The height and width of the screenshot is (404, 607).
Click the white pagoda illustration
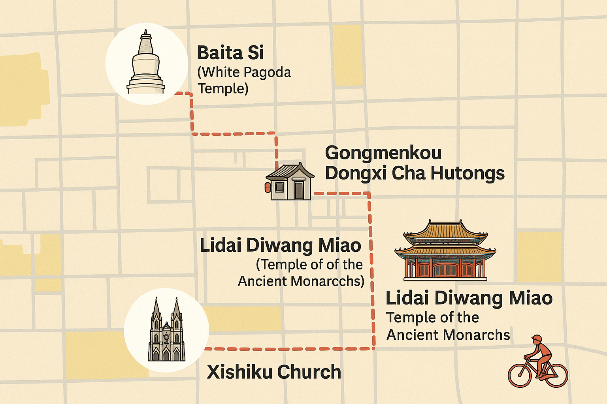pos(145,65)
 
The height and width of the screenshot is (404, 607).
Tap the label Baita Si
pos(230,53)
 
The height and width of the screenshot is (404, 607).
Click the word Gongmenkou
pos(383,153)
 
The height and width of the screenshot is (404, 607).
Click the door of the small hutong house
pos(299,190)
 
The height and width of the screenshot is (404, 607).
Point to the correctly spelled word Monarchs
pos(479,335)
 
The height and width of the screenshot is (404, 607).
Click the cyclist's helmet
pos(537,339)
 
